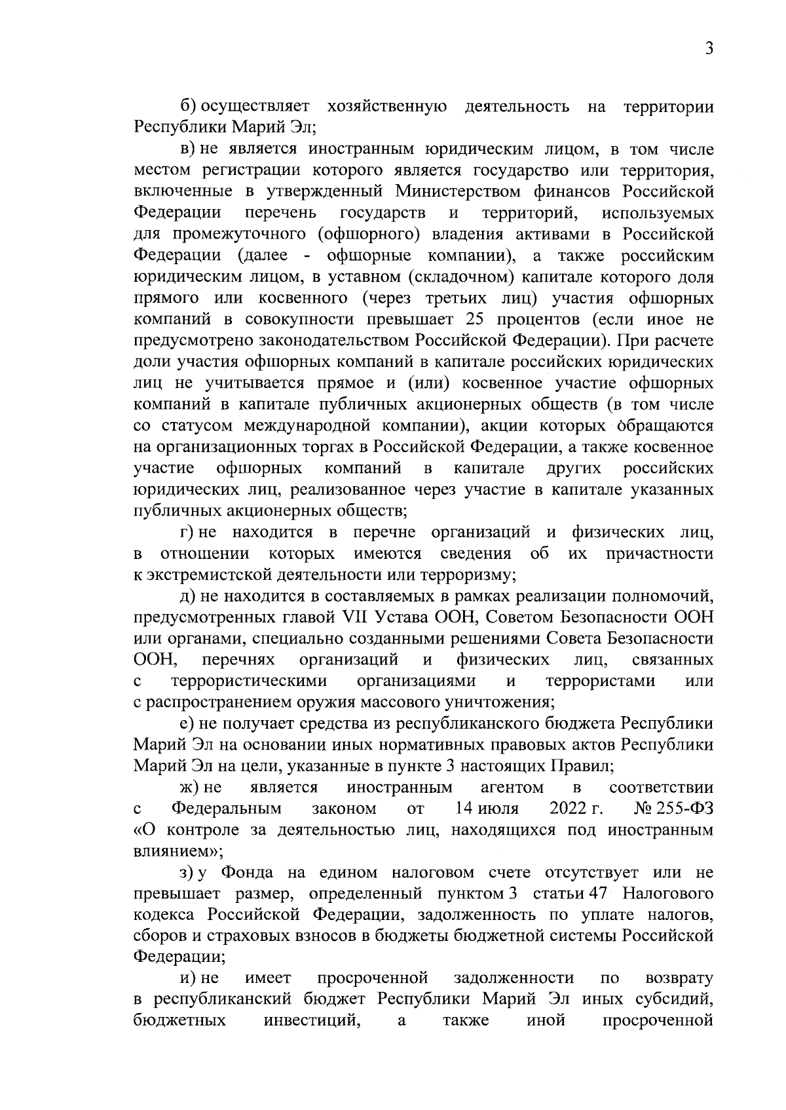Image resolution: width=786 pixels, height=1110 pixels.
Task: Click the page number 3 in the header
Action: (708, 49)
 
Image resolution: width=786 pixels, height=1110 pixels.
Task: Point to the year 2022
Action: (568, 808)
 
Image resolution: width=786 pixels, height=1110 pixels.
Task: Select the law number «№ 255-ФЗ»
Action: (669, 808)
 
